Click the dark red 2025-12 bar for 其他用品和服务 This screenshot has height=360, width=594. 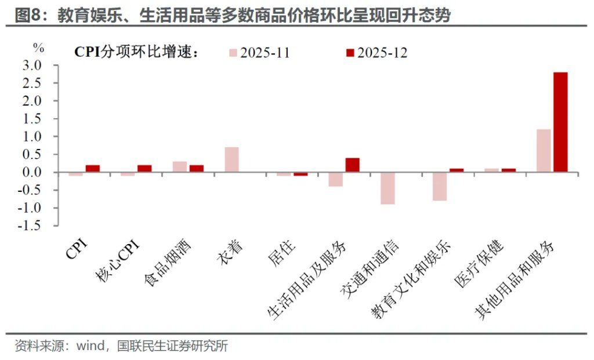560,122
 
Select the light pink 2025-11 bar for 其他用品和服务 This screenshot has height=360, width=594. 544,151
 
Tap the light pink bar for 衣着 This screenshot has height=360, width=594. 231,159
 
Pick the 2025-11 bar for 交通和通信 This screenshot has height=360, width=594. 387,188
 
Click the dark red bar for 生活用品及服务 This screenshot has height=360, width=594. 353,165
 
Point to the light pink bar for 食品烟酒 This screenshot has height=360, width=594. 180,167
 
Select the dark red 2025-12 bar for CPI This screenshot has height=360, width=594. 93,169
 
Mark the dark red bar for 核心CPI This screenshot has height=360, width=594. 144,169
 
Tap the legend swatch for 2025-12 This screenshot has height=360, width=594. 350,53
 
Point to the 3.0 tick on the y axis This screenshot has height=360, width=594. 32,66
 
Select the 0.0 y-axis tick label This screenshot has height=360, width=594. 32,173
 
